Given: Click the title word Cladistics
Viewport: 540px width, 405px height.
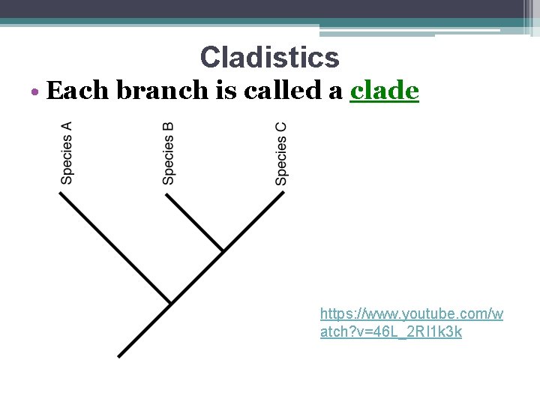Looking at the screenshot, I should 269,57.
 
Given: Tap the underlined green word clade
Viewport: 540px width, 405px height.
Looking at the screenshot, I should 384,91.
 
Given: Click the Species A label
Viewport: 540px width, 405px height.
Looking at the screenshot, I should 67,153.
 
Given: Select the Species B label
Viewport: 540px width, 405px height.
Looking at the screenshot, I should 169,153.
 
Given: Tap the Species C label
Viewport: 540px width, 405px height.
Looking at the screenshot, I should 281,153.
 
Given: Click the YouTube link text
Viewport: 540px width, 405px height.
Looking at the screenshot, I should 411,322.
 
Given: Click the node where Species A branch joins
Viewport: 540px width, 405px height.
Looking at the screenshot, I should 171,303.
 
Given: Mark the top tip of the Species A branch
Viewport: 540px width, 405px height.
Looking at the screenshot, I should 61,193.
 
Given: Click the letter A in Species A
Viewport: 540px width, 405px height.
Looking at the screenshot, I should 67,127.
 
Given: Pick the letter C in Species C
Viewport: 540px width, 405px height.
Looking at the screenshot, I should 281,127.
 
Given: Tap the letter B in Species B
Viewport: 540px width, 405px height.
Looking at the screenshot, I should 169,127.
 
